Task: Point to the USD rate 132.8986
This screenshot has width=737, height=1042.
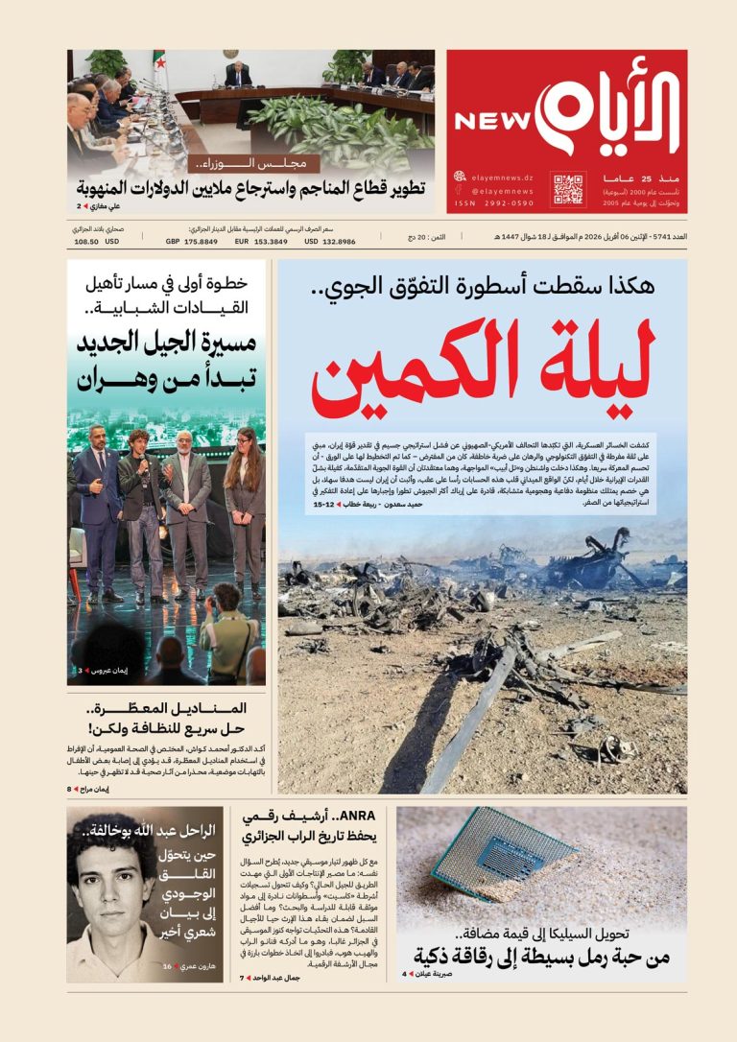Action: (x=329, y=242)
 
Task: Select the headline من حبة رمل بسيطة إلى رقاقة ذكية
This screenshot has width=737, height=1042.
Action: (x=542, y=957)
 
